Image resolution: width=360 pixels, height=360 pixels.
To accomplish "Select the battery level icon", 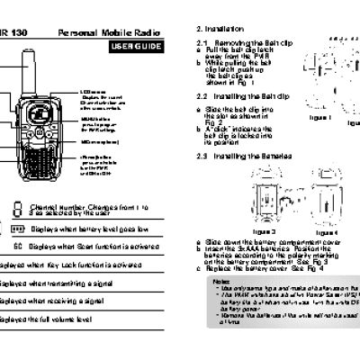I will coord(19,229).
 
